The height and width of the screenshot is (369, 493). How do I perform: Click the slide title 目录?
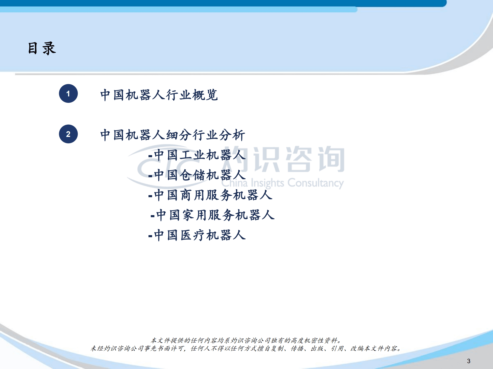coord(42,48)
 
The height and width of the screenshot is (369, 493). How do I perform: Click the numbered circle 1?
coord(68,94)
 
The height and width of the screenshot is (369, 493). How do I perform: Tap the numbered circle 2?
coord(68,134)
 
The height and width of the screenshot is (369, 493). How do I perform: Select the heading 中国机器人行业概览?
coord(159,95)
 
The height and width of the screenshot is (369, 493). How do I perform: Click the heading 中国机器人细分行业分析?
coord(173,135)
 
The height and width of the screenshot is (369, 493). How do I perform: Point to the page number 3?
coord(469,361)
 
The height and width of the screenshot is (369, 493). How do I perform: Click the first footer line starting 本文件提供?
coord(246,340)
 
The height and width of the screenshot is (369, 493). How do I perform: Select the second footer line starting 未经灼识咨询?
coord(246,348)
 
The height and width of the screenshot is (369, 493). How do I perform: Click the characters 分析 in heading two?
coord(232,135)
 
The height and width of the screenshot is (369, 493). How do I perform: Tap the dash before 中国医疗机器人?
coord(150,236)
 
